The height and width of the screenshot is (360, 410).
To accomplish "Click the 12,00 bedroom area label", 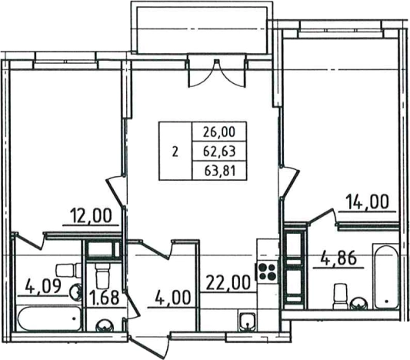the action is click(x=91, y=216).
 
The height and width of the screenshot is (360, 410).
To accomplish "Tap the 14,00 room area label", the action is click(x=368, y=202).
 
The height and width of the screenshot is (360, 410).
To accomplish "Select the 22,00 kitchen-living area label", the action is click(x=228, y=282).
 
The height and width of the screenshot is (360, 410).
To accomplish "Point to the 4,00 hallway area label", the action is click(x=172, y=298).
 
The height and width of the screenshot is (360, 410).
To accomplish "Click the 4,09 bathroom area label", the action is click(x=43, y=286).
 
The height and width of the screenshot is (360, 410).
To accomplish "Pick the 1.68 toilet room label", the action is click(x=105, y=298).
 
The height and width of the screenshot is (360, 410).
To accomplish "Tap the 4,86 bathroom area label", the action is click(x=338, y=258).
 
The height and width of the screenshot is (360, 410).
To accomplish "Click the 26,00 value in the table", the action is click(x=219, y=132).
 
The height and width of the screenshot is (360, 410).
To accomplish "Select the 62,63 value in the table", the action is click(x=219, y=151).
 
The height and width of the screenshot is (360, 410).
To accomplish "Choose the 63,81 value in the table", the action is click(x=220, y=171).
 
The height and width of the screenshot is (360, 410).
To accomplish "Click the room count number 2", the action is click(x=175, y=152).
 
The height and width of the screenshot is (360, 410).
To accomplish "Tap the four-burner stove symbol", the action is click(x=266, y=272).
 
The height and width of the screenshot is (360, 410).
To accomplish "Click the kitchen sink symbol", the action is click(x=247, y=321).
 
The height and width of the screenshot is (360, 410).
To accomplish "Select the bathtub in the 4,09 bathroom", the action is click(x=49, y=319).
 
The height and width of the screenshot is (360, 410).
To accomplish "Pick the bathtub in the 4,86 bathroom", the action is click(x=386, y=278).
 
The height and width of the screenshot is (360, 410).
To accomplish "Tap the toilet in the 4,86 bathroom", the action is click(x=340, y=296).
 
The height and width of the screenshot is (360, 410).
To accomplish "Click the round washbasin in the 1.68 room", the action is click(x=105, y=325).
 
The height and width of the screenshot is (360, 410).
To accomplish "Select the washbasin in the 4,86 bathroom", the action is click(x=359, y=303).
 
